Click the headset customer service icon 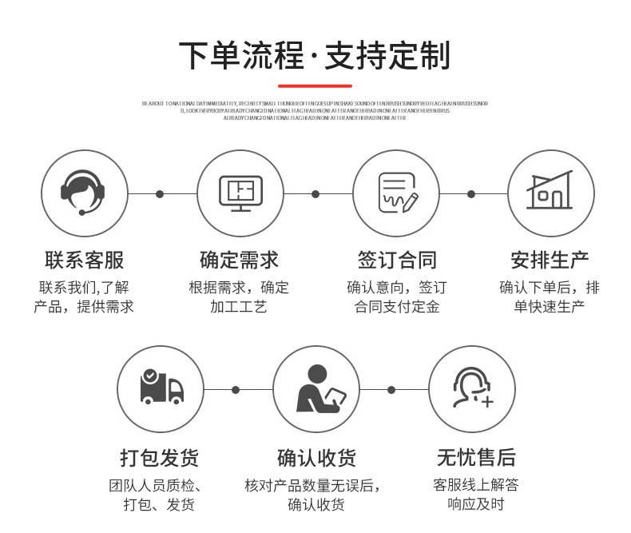point(84,193)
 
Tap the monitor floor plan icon point(240,193)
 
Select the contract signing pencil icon point(397,193)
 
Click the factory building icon point(550,192)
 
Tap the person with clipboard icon point(317,388)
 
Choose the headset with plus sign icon point(473,388)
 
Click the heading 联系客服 point(84,260)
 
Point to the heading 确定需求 point(240,260)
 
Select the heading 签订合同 point(397,260)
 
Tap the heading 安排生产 point(550,260)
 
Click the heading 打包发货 point(160,458)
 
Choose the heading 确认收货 point(317,458)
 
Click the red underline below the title point(315,86)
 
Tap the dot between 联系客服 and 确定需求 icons point(160,194)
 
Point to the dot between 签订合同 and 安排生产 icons point(471,194)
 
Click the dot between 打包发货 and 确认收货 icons point(236,390)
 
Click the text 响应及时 point(476,504)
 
